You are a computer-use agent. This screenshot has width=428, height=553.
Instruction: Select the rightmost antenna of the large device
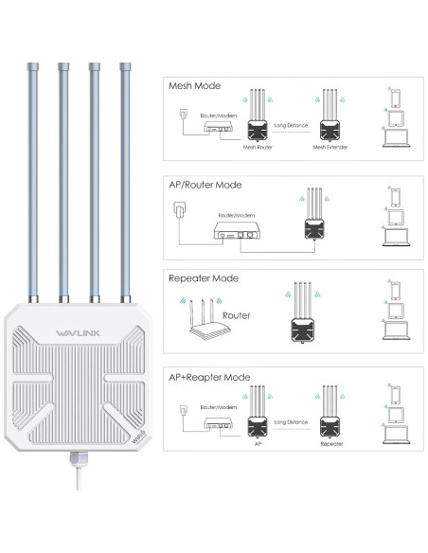pyautogui.click(x=124, y=180)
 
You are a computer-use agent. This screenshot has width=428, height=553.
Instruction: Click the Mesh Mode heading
pyautogui.click(x=195, y=84)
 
